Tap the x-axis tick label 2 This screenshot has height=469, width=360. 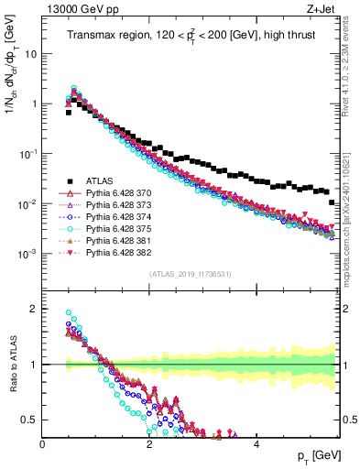(149, 443)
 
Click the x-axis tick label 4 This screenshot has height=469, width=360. (256, 443)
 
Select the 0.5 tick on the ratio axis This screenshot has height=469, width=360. (30, 420)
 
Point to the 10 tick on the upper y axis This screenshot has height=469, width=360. (29, 53)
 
